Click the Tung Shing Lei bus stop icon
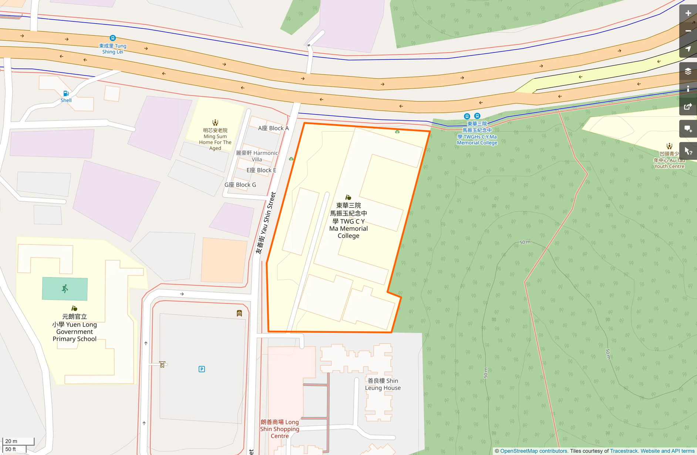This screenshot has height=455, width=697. [113, 38]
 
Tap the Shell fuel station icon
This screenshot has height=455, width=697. [66, 94]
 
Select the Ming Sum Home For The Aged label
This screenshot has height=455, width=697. [215, 139]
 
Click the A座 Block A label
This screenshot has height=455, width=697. [273, 128]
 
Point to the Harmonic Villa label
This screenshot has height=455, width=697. [257, 156]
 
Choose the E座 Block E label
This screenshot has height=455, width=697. [261, 170]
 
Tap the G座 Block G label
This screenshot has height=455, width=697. [240, 185]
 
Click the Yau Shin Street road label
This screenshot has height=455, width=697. [266, 223]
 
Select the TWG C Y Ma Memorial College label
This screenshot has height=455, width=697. [348, 220]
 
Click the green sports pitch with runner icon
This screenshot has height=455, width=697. [65, 289]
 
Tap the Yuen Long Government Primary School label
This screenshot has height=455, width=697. [75, 328]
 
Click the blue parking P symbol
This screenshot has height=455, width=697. [202, 369]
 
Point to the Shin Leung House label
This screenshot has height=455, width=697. [383, 384]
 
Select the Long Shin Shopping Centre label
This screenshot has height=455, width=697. [280, 429]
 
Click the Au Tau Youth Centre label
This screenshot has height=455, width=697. [669, 160]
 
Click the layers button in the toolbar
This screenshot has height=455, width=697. [688, 71]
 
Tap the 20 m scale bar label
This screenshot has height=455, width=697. [11, 441]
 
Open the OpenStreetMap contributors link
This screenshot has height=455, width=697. [533, 451]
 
